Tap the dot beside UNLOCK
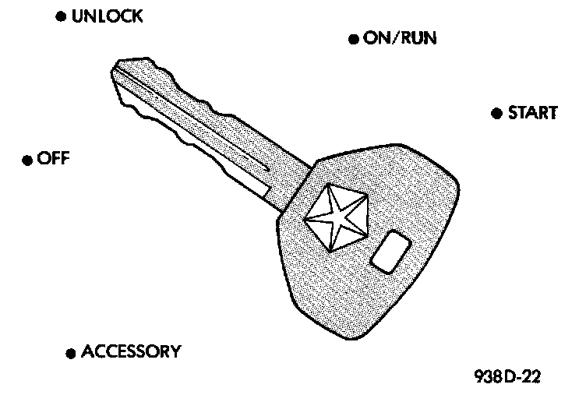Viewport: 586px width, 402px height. [x=61, y=16]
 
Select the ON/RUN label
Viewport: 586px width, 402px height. [x=400, y=38]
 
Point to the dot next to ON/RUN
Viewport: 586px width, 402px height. [x=353, y=39]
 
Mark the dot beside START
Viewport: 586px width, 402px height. [x=496, y=114]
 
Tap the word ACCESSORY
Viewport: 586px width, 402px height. [x=131, y=351]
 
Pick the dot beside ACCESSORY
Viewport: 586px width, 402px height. [x=71, y=353]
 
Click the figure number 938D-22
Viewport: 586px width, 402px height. [x=507, y=378]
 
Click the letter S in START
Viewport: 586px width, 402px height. [x=513, y=113]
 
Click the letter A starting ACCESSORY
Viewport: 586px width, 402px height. [x=88, y=351]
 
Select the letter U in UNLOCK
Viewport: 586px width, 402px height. [x=76, y=16]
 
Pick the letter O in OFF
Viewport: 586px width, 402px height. [x=43, y=159]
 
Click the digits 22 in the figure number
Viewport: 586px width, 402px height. [x=531, y=378]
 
